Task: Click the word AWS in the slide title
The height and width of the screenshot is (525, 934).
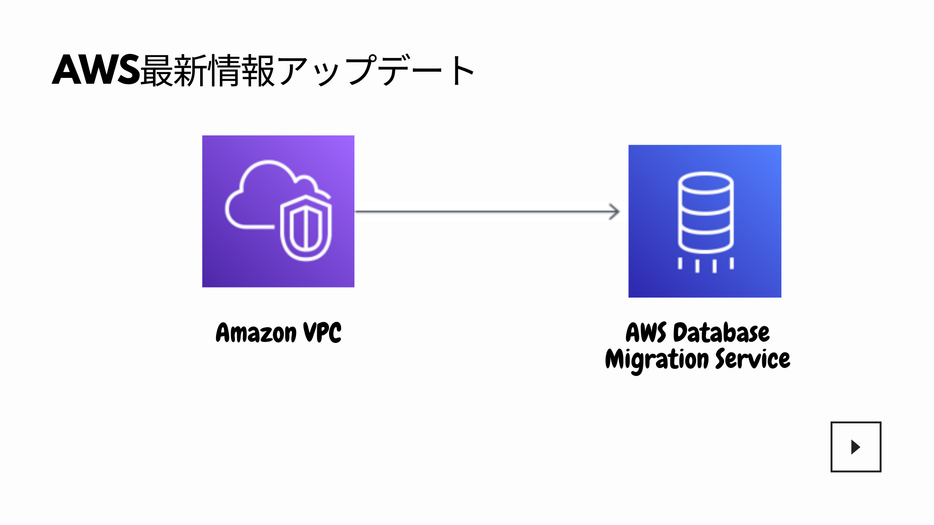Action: (x=96, y=70)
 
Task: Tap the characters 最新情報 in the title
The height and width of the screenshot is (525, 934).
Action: (x=208, y=70)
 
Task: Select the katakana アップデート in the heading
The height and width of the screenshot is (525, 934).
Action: (x=375, y=70)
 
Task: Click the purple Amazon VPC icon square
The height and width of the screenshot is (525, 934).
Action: (x=278, y=211)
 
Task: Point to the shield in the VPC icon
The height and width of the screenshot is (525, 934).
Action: (x=306, y=228)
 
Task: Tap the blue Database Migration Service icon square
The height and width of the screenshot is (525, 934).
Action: (x=705, y=221)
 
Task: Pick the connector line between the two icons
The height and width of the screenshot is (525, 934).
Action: (x=487, y=212)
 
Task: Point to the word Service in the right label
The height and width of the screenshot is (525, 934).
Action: (x=753, y=359)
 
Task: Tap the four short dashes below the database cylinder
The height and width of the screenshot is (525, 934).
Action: (x=706, y=265)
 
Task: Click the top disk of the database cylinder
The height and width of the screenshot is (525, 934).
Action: (x=706, y=183)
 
